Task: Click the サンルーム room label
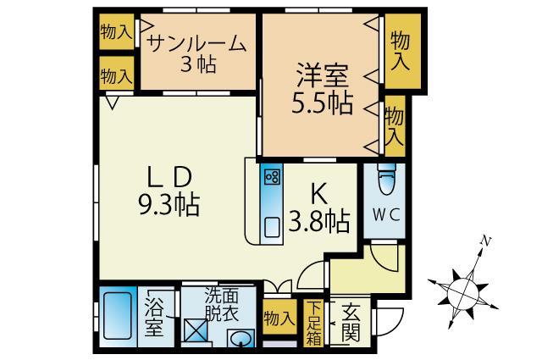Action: tap(197, 43)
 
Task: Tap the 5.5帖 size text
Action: tap(322, 103)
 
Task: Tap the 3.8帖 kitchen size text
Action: tap(319, 222)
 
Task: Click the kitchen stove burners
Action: tap(272, 177)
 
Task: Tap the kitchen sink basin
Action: tap(272, 226)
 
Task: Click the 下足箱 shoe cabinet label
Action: tap(314, 324)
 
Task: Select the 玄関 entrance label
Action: tap(349, 323)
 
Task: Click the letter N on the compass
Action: tap(485, 241)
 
